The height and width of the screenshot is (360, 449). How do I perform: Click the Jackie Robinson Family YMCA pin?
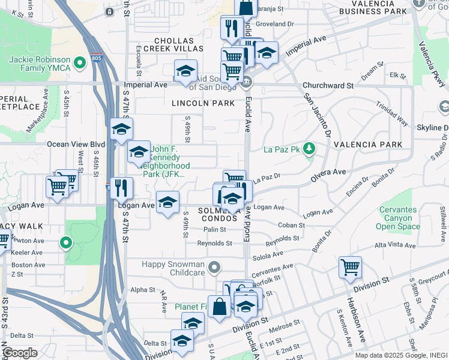(79, 62)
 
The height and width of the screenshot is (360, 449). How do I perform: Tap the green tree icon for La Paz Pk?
(309, 148)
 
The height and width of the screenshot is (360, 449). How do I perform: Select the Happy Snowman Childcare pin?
(214, 266)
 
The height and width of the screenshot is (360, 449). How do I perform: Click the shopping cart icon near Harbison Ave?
(350, 267)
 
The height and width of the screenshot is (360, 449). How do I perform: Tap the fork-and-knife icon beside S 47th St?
(122, 187)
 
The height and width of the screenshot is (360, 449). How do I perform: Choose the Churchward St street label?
(328, 86)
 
